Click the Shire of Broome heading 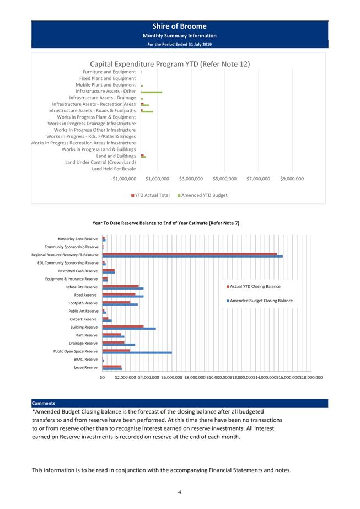(x=179, y=26)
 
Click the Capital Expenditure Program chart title (x=170, y=64)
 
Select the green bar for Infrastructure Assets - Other (x=151, y=92)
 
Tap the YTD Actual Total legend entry (x=151, y=195)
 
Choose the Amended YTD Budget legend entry (x=202, y=195)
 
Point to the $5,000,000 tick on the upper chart (x=224, y=179)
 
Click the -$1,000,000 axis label (x=123, y=179)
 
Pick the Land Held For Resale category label (x=114, y=169)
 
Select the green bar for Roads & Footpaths (x=147, y=111)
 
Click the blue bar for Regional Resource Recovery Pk (x=192, y=256)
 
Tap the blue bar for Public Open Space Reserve (x=137, y=352)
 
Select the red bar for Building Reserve (x=123, y=326)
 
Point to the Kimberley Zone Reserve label (x=78, y=239)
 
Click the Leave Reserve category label (x=85, y=367)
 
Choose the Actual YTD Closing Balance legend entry (x=253, y=286)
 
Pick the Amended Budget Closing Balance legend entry (x=259, y=301)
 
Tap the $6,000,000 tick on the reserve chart (x=171, y=377)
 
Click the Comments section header (x=44, y=403)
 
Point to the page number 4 (x=180, y=492)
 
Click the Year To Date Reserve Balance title (x=166, y=223)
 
